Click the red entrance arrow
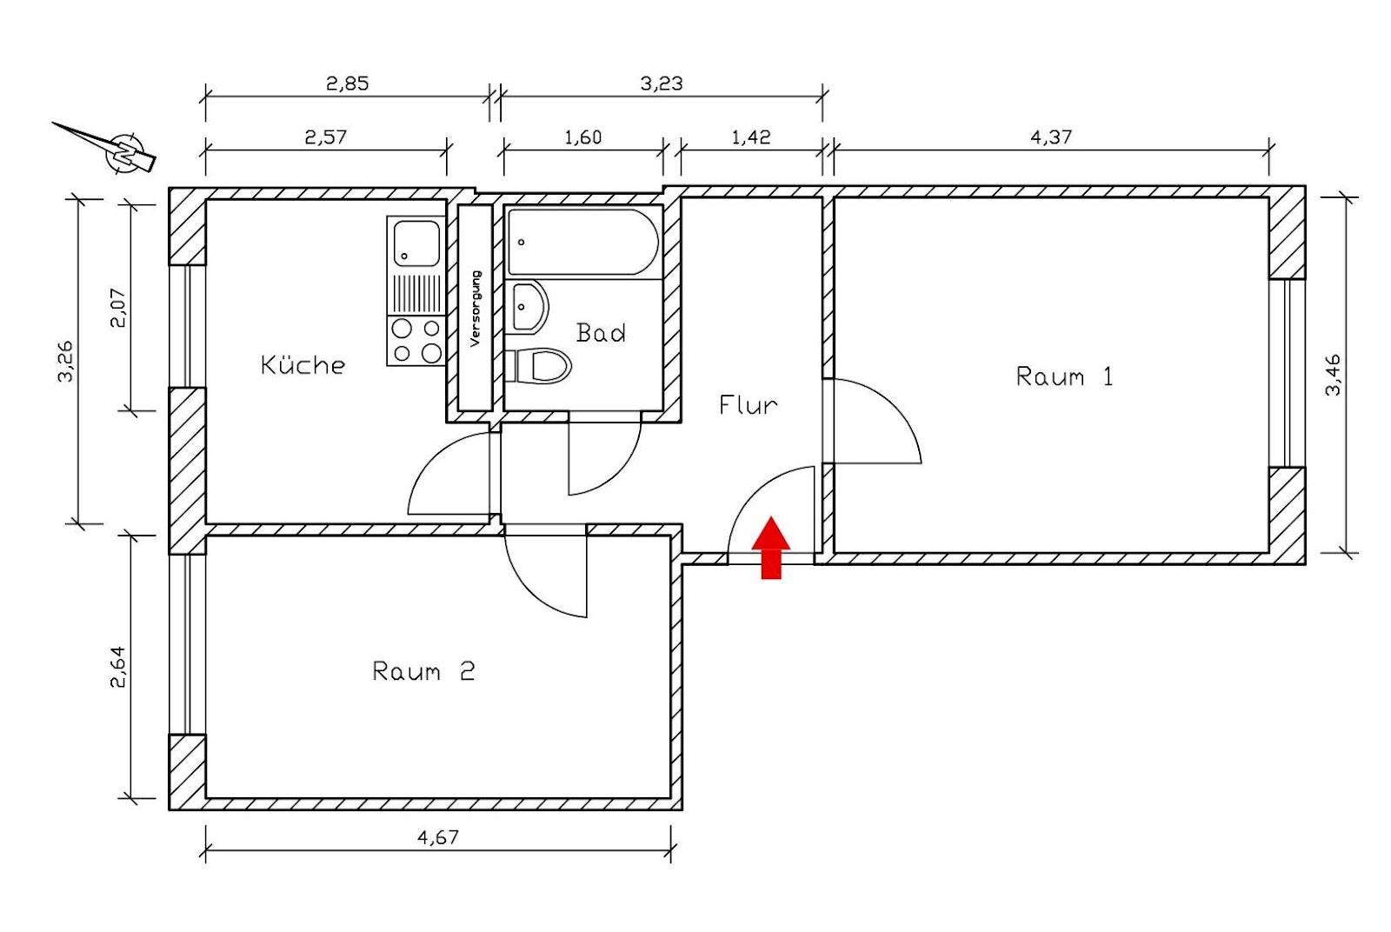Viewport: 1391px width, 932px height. point(770,547)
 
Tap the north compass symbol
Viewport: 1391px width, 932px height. point(124,152)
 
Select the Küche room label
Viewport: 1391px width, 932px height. point(303,365)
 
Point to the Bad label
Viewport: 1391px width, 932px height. point(601,333)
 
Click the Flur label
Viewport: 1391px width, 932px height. point(748,405)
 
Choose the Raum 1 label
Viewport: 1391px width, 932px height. point(1064,377)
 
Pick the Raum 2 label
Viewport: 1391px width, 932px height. point(423,671)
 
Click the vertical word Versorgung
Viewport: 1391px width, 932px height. point(475,309)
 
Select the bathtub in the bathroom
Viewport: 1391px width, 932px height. point(582,242)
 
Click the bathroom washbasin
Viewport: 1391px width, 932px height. point(529,307)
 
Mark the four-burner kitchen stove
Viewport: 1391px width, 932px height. point(416,340)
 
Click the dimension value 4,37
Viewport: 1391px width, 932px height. point(1051,136)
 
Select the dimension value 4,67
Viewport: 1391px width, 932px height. point(437,837)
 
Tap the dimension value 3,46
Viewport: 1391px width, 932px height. point(1333,375)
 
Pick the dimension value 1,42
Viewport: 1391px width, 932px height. point(750,136)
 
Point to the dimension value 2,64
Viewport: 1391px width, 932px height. point(117,666)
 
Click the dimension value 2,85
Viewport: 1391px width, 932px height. point(347,83)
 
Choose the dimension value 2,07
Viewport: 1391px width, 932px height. point(117,307)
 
